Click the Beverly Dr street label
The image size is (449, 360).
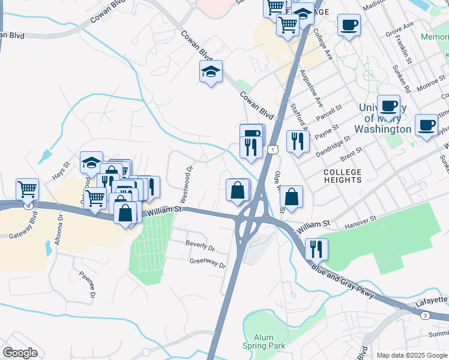tap(200, 245)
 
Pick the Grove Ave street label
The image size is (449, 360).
tap(400, 30)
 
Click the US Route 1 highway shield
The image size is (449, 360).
tap(273, 149)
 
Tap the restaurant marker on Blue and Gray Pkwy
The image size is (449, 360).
tap(316, 247)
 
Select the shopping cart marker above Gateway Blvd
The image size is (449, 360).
tap(27, 190)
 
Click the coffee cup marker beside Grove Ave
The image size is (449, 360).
tap(349, 25)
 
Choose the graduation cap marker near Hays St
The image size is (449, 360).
tap(91, 162)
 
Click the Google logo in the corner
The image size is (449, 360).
tap(20, 353)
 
